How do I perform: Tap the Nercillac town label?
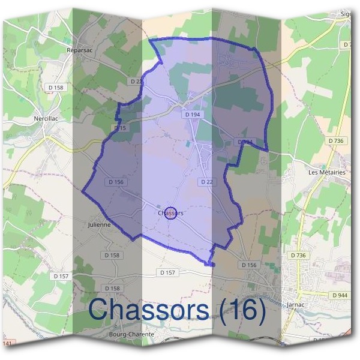[x=46, y=119]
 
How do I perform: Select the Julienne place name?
[x=99, y=224]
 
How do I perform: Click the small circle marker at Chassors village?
[x=170, y=213]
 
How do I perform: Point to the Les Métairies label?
[x=326, y=172]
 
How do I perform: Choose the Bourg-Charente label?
[x=131, y=334]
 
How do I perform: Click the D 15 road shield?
[x=119, y=128]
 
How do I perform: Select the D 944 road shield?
[x=340, y=295]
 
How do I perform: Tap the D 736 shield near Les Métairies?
[x=336, y=140]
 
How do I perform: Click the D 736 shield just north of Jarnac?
[x=298, y=255]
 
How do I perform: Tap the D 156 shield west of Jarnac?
[x=248, y=265]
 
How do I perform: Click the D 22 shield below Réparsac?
[x=137, y=81]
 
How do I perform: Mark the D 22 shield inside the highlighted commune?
[x=206, y=181]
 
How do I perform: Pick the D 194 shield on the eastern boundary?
[x=245, y=142]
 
